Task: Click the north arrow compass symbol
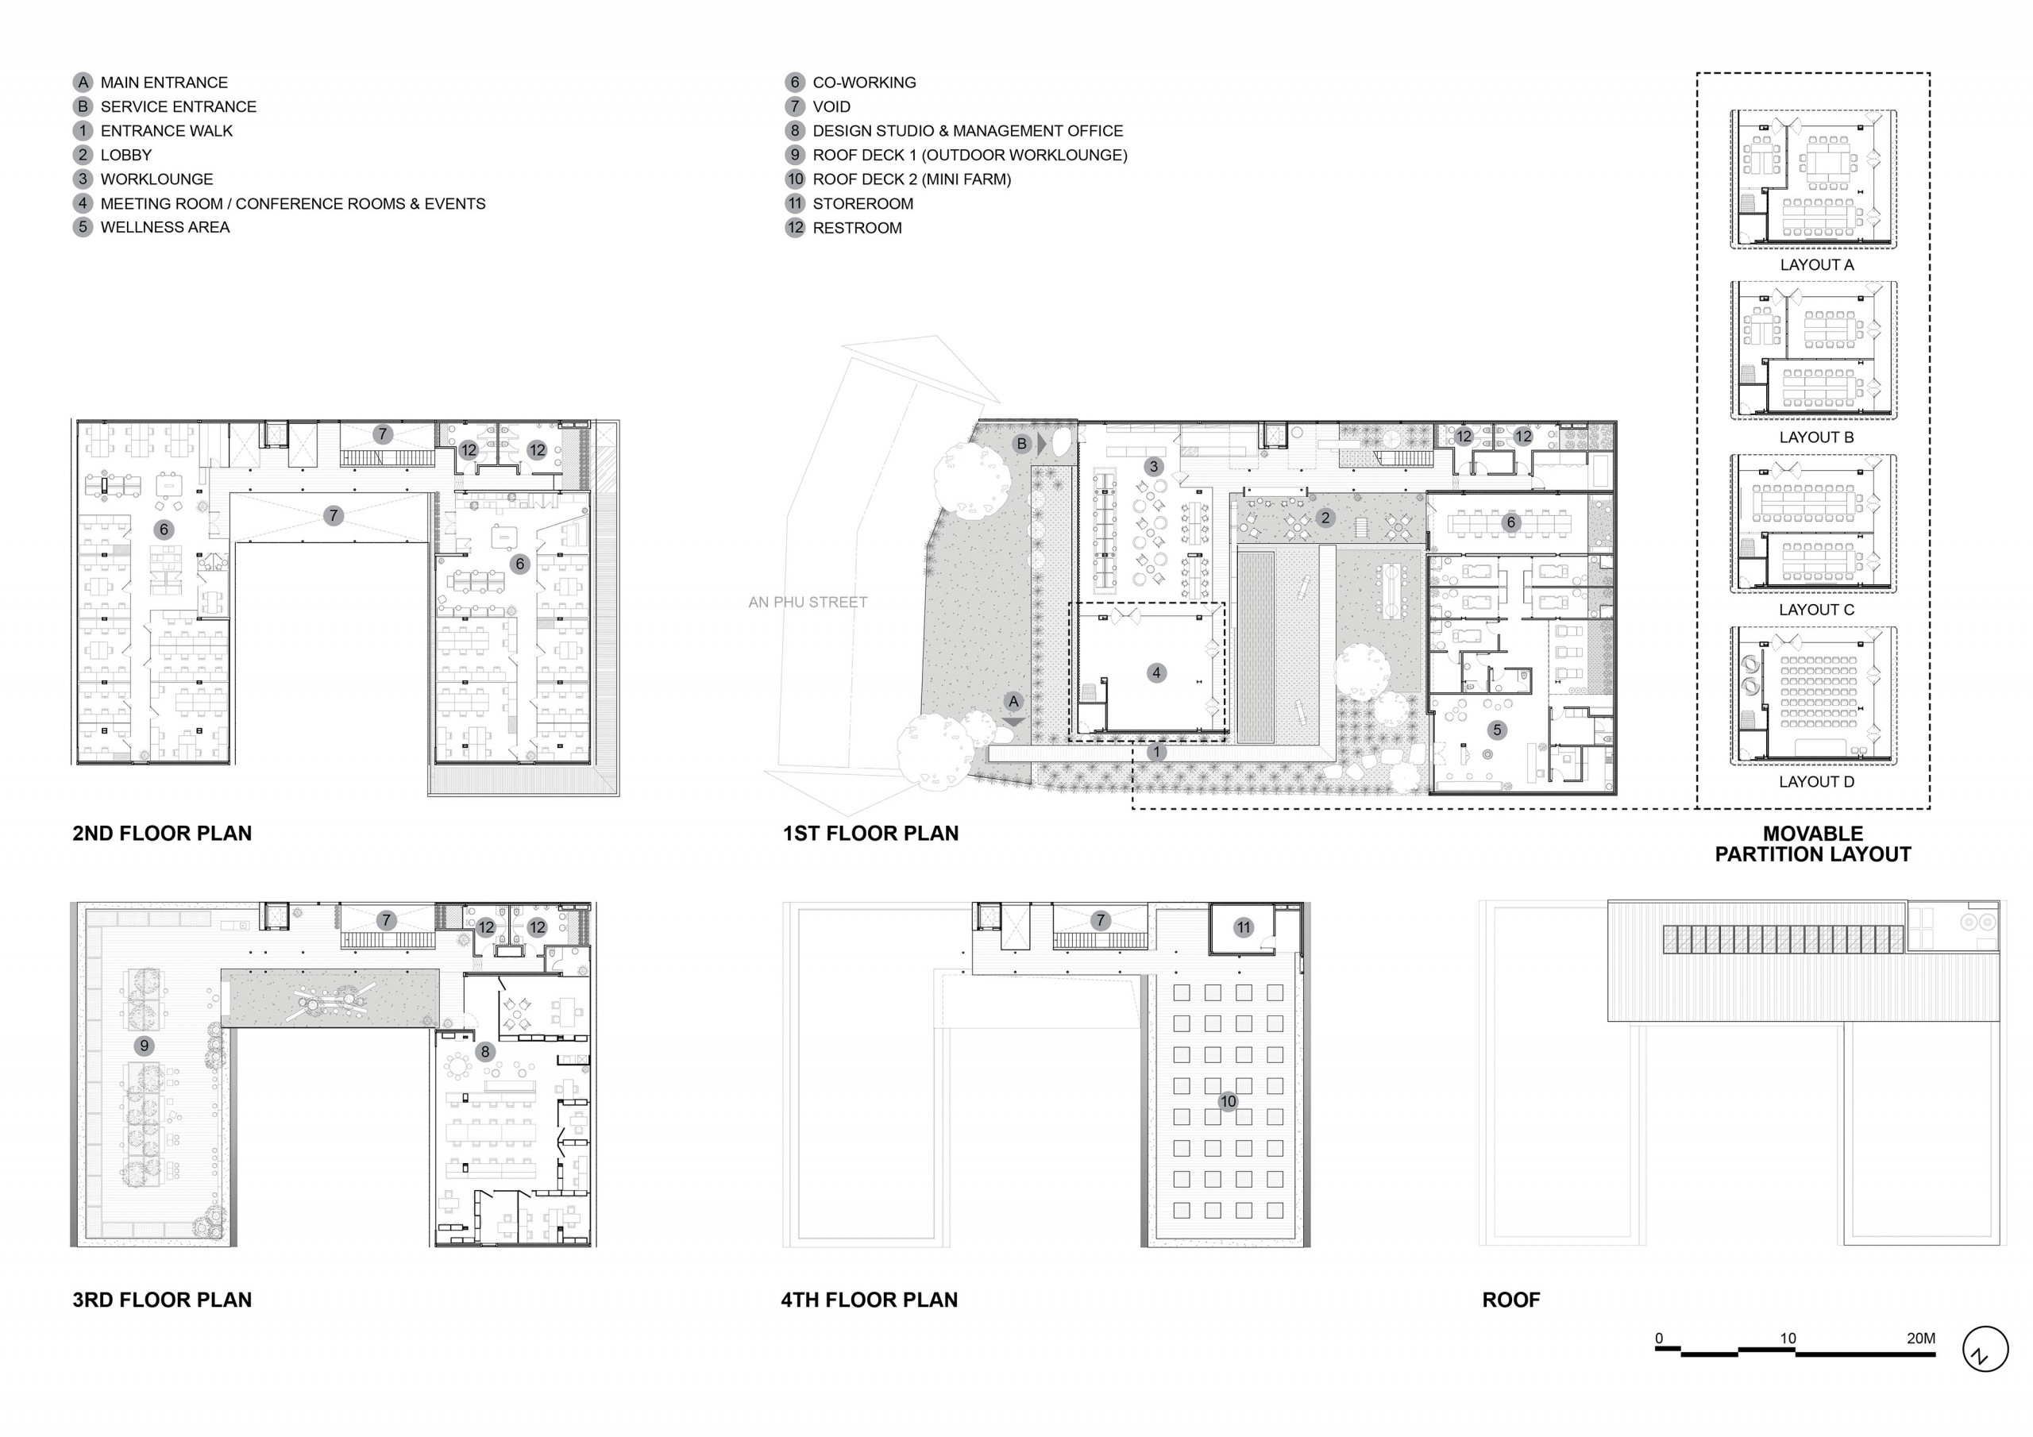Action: (1985, 1350)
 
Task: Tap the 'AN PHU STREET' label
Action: (808, 602)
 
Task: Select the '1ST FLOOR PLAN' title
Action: (870, 833)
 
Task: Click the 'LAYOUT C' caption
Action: (1816, 610)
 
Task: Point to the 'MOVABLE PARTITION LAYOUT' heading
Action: (1812, 844)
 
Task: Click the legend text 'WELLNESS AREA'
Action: (164, 228)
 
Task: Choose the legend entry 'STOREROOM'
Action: (862, 204)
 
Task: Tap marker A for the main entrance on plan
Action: (1014, 702)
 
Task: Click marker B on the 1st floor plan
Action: (1022, 444)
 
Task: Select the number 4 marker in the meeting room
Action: (1155, 673)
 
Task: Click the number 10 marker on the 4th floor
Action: (1227, 1101)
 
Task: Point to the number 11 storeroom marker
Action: (1243, 928)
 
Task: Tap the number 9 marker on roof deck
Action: (145, 1046)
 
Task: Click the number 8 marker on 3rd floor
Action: (484, 1052)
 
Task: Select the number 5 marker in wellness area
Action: (1497, 730)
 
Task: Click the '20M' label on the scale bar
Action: (1920, 1338)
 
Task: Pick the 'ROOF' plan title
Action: (1510, 1300)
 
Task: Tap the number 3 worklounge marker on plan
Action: (1153, 467)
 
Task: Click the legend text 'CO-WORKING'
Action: (864, 83)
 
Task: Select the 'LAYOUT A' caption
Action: (1816, 264)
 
